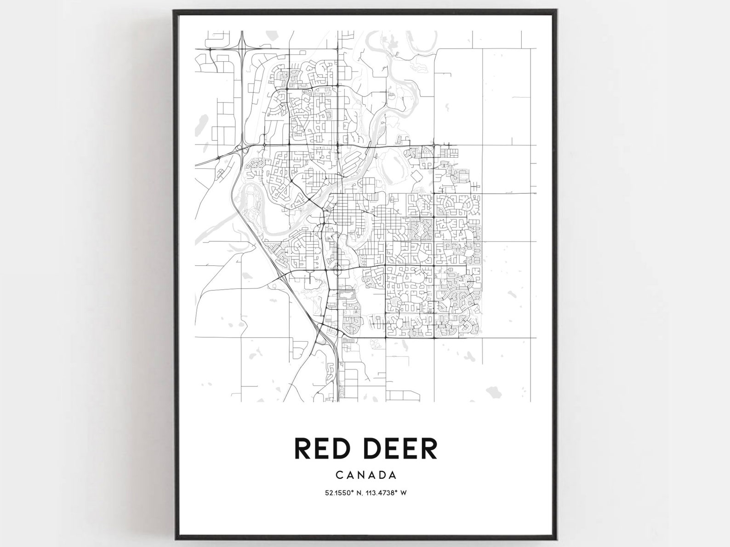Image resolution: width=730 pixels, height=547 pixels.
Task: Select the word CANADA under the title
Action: click(x=366, y=474)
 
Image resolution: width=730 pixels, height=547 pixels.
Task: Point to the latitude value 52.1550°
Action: click(x=340, y=493)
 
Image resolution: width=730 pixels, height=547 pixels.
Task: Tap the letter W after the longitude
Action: click(x=403, y=493)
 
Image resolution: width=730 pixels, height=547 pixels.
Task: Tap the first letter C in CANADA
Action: click(x=339, y=474)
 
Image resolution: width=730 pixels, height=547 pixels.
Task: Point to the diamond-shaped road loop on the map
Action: click(x=417, y=176)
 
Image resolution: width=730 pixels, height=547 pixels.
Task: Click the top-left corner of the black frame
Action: click(x=174, y=11)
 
